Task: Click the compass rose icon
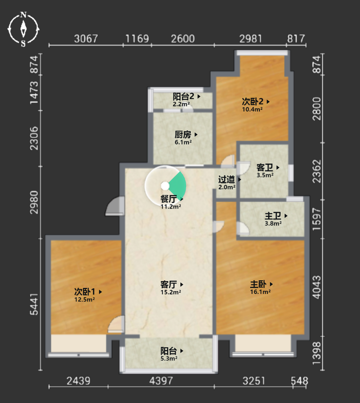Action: click(x=23, y=29)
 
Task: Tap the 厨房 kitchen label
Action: click(x=183, y=134)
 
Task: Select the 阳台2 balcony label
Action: click(x=183, y=97)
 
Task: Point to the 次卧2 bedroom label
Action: click(x=253, y=101)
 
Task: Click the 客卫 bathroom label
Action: click(x=265, y=168)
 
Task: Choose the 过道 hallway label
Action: click(x=227, y=179)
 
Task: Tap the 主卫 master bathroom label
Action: click(x=273, y=216)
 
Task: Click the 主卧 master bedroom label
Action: click(x=258, y=284)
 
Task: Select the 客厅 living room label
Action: click(x=168, y=285)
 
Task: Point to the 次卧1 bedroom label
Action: click(x=85, y=292)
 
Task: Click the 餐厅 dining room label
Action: click(x=168, y=199)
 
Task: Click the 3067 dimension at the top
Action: click(x=86, y=39)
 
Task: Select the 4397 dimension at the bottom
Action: click(x=161, y=381)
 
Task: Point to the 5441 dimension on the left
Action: click(x=34, y=304)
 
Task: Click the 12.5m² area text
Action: click(x=85, y=300)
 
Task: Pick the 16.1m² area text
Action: click(x=260, y=292)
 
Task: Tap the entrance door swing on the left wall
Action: click(x=115, y=206)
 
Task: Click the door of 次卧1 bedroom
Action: click(x=116, y=324)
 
